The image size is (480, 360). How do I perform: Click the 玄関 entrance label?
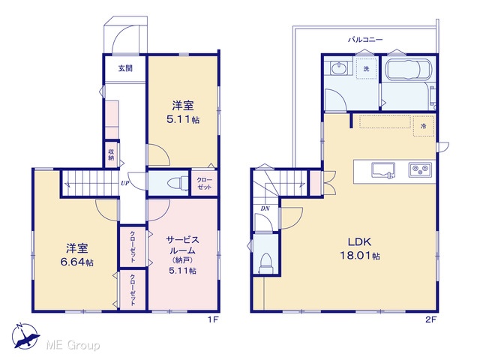125,68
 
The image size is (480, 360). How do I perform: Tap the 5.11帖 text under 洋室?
183,119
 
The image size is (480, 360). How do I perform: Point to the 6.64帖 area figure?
76,262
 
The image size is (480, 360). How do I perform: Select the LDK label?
360,242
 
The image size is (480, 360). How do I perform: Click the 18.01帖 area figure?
360,255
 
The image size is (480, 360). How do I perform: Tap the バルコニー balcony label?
365,40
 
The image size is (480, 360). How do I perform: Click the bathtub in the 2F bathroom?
408,70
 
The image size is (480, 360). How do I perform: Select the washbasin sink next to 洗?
339,67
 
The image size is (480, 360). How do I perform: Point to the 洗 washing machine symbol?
366,68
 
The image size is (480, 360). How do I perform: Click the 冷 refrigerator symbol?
424,126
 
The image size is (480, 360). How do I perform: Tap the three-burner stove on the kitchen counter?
420,169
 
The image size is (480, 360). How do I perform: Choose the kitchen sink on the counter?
383,170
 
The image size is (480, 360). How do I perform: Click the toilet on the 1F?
178,183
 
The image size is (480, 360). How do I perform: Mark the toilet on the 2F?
265,263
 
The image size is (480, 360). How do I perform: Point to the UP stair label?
125,183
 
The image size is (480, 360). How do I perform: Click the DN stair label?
265,208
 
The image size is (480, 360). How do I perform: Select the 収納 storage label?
111,155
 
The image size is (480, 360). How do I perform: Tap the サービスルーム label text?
183,245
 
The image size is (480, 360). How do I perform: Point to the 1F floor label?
213,320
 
